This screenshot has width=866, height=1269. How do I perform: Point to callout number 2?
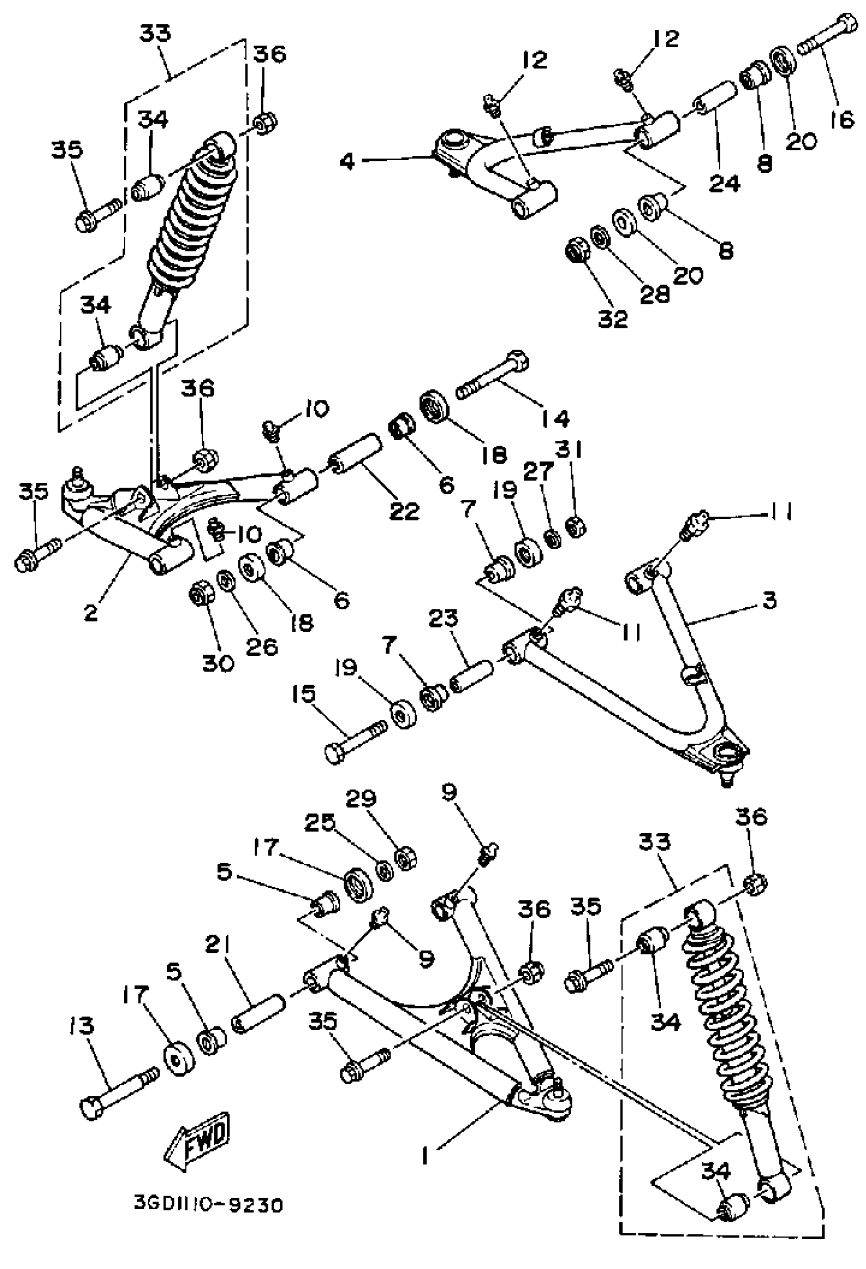[x=91, y=613]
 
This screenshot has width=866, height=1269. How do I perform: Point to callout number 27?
[x=539, y=471]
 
